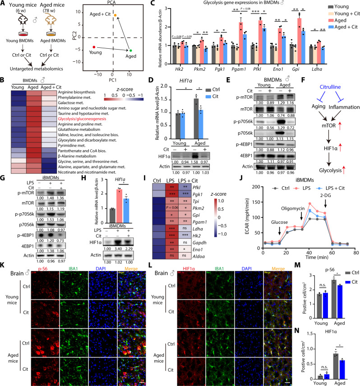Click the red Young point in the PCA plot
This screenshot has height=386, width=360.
pyautogui.click(x=93, y=46)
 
